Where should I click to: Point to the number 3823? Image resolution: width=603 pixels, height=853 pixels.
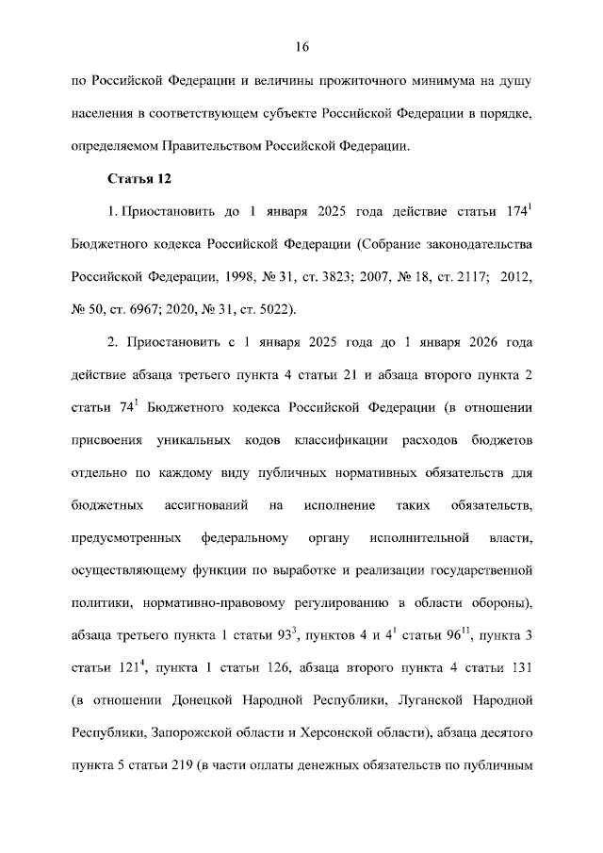pyautogui.click(x=341, y=278)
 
